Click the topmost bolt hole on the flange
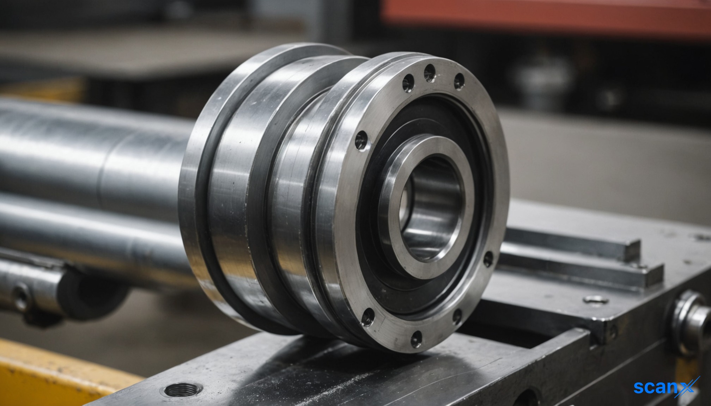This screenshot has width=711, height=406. tap(430, 73)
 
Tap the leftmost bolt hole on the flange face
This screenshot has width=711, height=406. tap(361, 140)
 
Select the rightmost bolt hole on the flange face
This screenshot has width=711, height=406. tap(488, 259)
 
